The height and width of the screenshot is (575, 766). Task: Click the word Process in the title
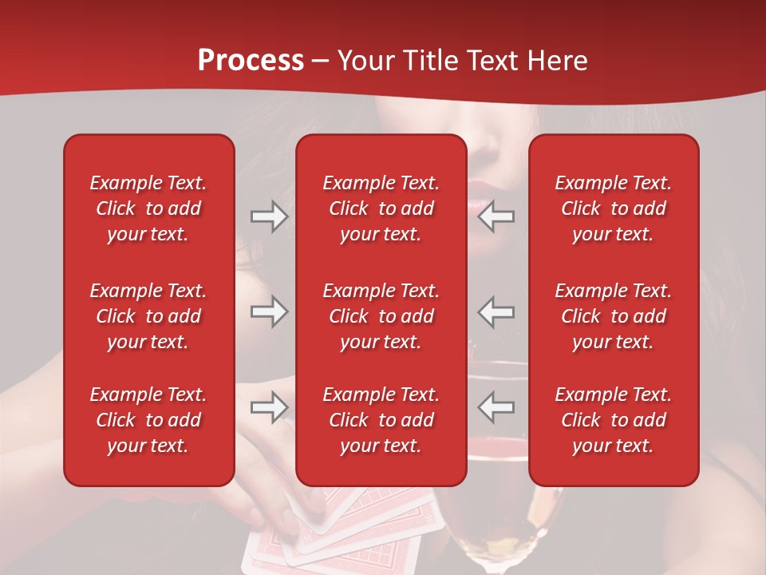coord(251,61)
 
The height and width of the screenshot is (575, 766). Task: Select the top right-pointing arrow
coord(269,216)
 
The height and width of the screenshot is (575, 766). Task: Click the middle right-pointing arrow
coord(269,311)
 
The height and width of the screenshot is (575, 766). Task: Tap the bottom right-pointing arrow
coord(269,407)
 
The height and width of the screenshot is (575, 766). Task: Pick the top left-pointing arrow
coord(496,216)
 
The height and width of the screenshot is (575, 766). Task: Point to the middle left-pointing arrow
coord(496,311)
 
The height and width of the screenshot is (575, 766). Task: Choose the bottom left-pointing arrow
coord(496,407)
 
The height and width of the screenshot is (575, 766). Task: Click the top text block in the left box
coord(148,208)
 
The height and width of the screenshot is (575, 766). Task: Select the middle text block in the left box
coord(148,316)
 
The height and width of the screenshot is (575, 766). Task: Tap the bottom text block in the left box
coord(148,420)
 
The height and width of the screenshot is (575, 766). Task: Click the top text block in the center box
coord(381,208)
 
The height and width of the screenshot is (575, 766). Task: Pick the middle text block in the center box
coord(381,316)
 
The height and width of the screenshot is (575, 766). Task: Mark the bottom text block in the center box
coord(381,420)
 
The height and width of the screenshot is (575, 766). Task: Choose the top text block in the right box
coord(613,208)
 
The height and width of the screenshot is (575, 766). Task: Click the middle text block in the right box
coord(613,316)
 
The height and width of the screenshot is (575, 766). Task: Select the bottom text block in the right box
coord(613,420)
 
